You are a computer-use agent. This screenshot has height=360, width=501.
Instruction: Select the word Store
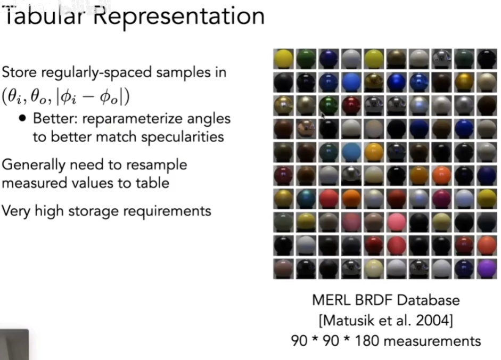click(x=19, y=72)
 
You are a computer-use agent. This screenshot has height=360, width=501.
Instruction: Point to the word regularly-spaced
click(x=96, y=73)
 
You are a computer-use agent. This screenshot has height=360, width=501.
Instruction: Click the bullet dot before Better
click(x=22, y=118)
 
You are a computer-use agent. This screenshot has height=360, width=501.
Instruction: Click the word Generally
click(x=34, y=166)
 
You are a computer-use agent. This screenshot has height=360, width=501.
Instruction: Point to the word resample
click(x=157, y=166)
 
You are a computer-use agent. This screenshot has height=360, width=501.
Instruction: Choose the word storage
click(x=93, y=211)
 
